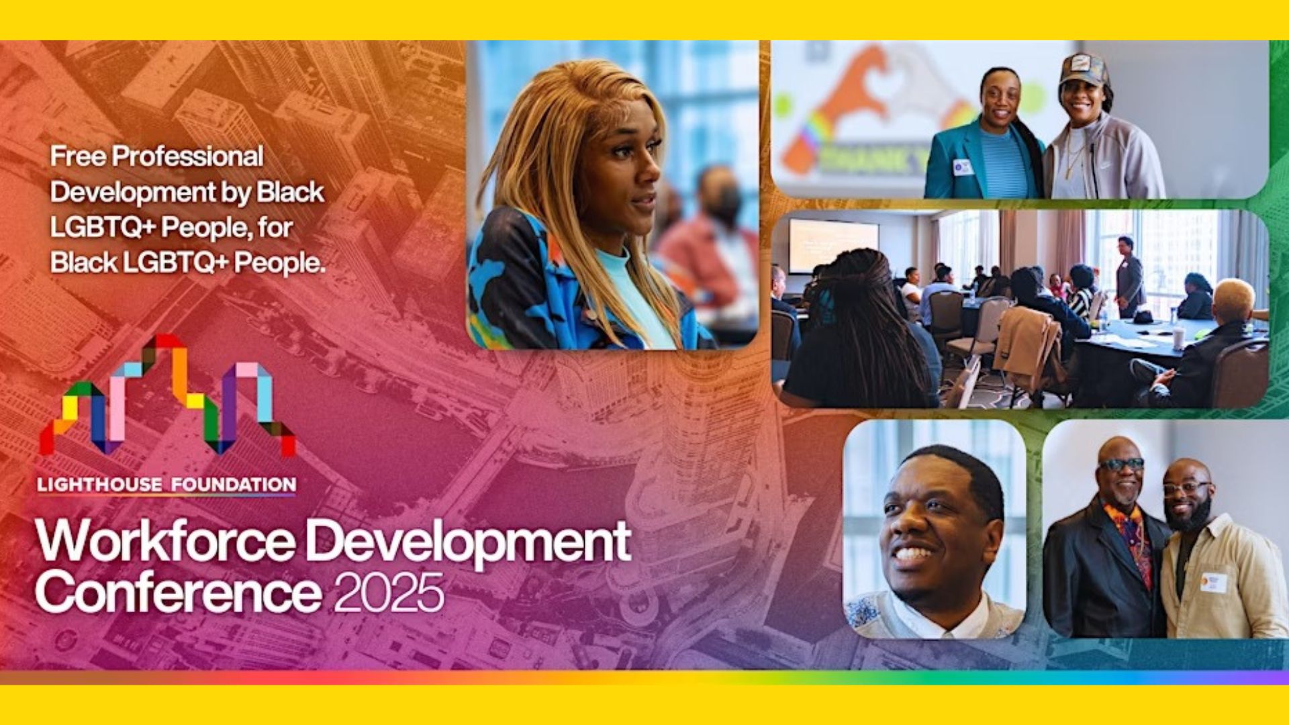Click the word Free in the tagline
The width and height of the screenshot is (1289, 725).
[77, 156]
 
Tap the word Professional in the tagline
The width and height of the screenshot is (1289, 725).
[188, 156]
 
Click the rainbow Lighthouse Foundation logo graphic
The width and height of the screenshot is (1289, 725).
[168, 396]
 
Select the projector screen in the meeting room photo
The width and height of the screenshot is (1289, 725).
[833, 245]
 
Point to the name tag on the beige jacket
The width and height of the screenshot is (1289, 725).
[1213, 581]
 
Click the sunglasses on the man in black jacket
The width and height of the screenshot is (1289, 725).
[1121, 465]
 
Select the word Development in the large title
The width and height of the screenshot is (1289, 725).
[471, 542]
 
